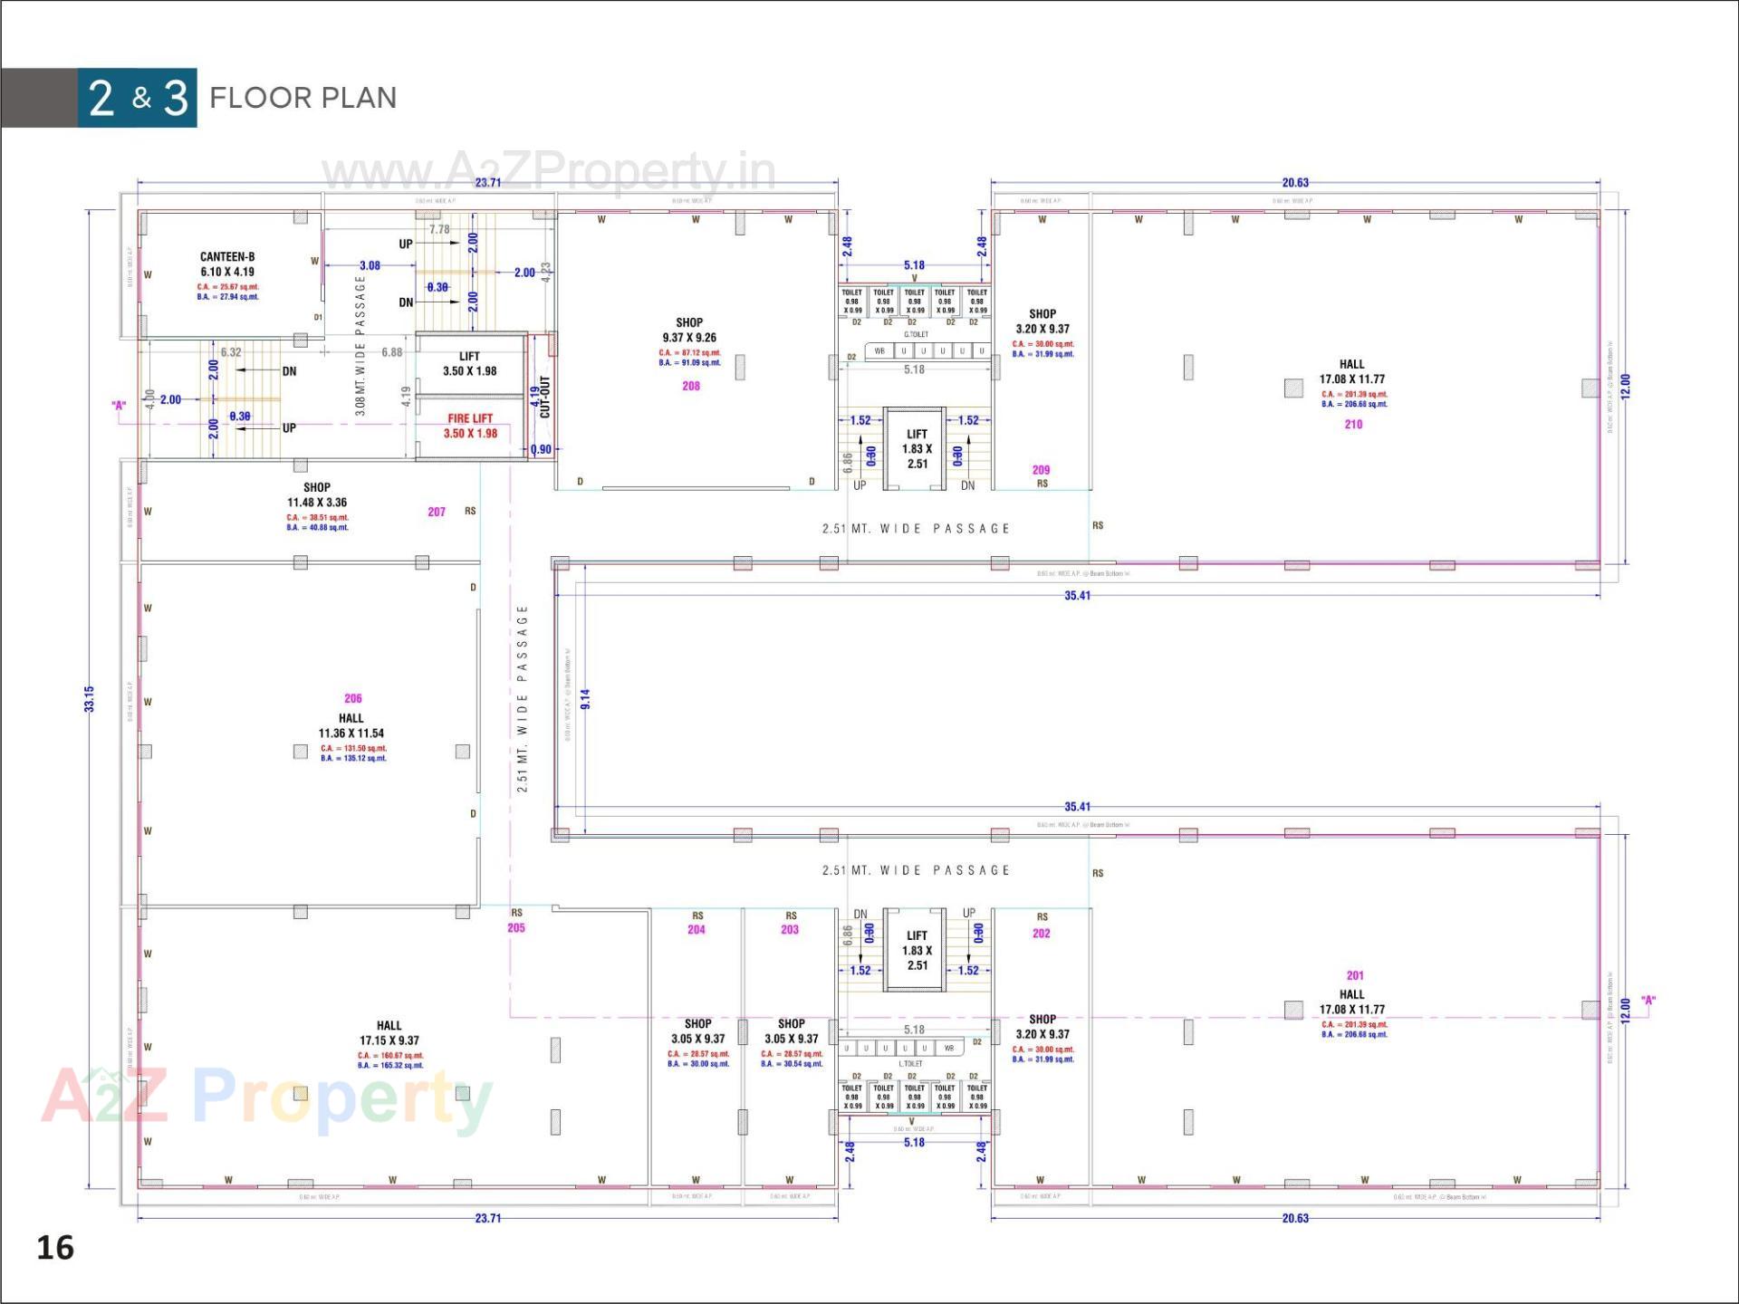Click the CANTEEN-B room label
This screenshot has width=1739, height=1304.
(x=227, y=257)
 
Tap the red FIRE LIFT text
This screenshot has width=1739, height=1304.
(x=470, y=418)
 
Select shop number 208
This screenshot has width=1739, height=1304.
(x=691, y=386)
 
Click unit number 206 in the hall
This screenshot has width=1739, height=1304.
(x=353, y=698)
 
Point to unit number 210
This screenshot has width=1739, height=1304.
(x=1353, y=424)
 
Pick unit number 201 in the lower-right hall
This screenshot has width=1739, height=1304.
(x=1355, y=975)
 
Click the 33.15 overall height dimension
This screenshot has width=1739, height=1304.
(x=90, y=698)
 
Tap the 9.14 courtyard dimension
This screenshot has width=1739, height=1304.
(x=586, y=698)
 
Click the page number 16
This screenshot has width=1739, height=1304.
(x=55, y=1248)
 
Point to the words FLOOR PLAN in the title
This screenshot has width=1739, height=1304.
(x=303, y=98)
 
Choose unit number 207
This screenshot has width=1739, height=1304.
(x=437, y=512)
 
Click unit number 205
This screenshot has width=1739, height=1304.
(x=516, y=927)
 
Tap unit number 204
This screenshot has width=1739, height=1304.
(x=697, y=929)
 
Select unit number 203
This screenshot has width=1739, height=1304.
(x=790, y=929)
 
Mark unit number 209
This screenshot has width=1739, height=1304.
(x=1042, y=470)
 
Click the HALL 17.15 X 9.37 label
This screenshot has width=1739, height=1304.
(x=389, y=1033)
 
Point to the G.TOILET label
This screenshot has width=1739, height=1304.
(x=916, y=334)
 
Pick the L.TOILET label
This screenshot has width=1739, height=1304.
(x=911, y=1063)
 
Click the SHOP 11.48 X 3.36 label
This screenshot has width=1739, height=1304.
(x=317, y=494)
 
